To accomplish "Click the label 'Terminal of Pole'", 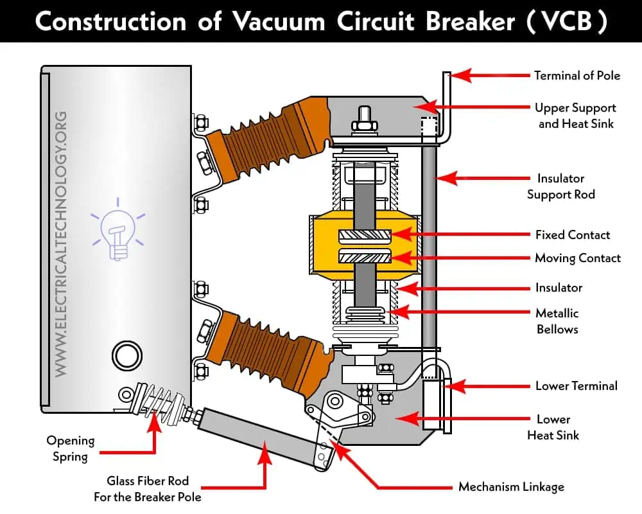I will (x=577, y=76).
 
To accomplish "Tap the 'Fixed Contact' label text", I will (x=573, y=235).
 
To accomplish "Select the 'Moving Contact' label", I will (x=578, y=258).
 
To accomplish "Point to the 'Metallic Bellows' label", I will (x=557, y=321).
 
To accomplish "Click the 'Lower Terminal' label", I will (x=577, y=386).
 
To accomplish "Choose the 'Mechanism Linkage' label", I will (x=511, y=486).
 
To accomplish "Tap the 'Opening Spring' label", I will (x=70, y=448).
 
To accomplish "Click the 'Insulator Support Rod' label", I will (x=560, y=186).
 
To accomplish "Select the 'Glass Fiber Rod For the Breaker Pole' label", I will (x=148, y=488).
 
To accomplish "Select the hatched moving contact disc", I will (x=365, y=258).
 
